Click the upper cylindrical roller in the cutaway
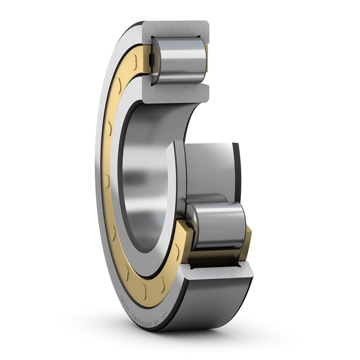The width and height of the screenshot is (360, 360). (179, 60)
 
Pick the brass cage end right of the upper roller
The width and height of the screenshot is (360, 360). (206, 57)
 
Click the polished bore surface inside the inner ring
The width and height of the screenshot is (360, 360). (141, 180)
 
